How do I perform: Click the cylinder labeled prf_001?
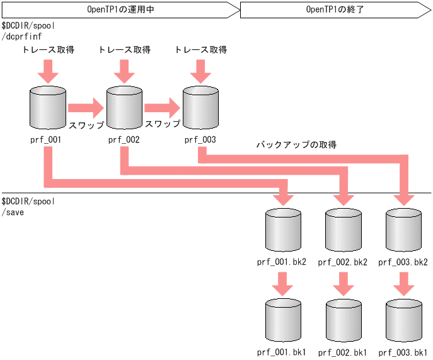(x=48, y=108)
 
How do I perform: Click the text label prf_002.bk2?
(x=342, y=262)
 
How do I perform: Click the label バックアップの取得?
(x=296, y=145)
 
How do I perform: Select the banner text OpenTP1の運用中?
(x=120, y=9)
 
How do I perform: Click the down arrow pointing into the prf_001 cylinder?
(x=48, y=70)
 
